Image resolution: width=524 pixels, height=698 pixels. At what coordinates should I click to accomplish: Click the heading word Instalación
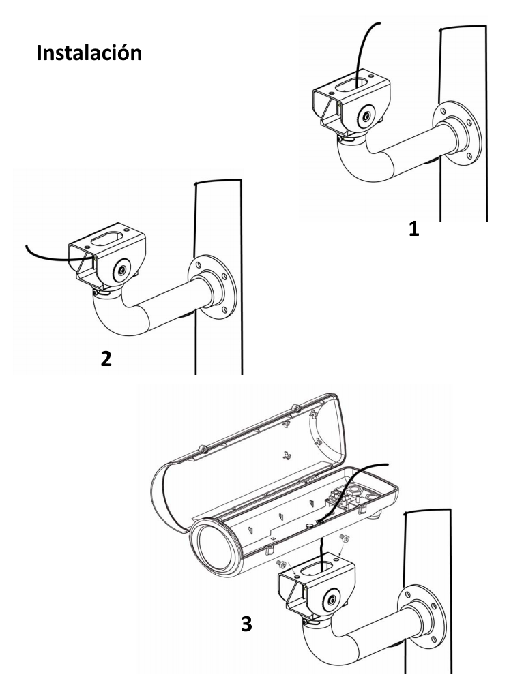coord(89,52)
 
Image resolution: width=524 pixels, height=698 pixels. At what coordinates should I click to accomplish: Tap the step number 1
coord(414,229)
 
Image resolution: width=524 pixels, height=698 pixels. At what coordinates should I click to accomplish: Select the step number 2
coord(106,359)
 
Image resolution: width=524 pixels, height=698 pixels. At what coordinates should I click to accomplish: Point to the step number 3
coord(246,624)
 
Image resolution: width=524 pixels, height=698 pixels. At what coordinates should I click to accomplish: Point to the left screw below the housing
coord(282,564)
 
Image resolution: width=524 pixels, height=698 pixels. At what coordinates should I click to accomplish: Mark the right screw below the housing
coord(345,538)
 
